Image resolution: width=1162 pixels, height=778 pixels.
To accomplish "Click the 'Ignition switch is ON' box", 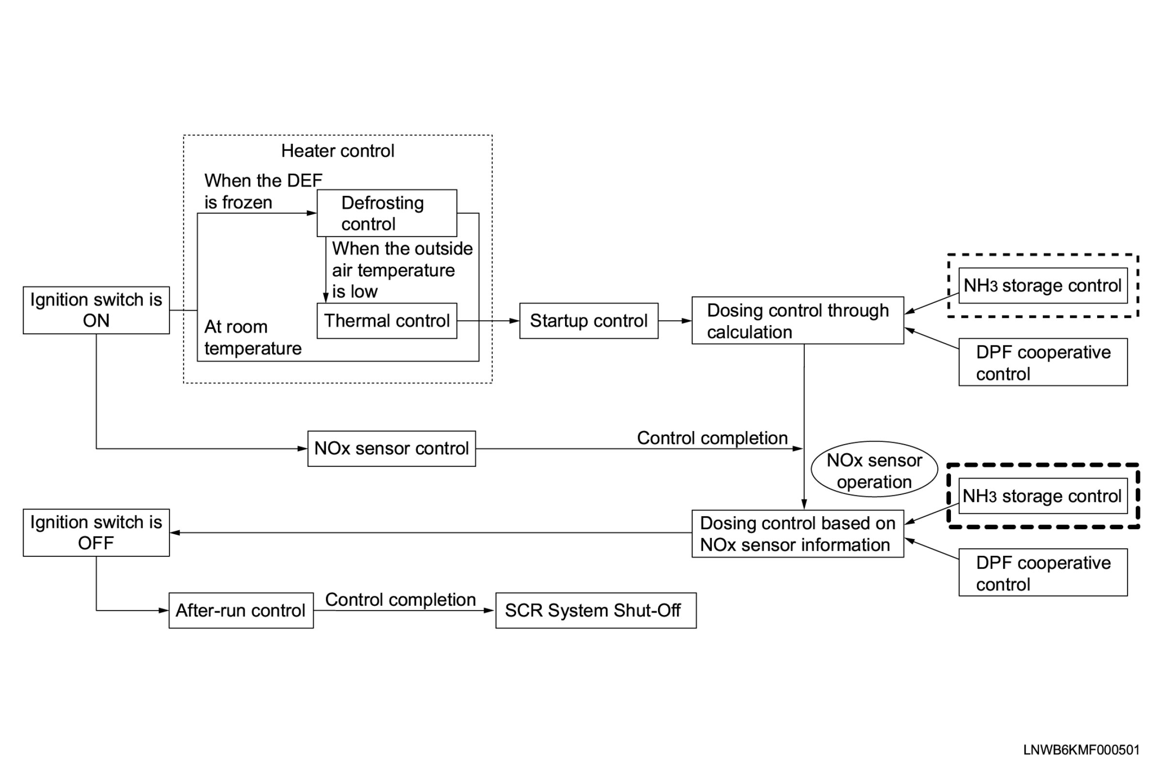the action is [x=96, y=310].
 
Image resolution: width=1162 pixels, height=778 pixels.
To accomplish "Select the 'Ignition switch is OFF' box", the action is [x=96, y=532].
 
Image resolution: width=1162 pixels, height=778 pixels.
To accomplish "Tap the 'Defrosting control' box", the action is [x=387, y=213].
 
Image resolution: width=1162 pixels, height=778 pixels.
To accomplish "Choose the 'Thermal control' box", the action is [x=387, y=320].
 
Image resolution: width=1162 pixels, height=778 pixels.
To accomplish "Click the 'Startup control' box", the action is [x=589, y=320].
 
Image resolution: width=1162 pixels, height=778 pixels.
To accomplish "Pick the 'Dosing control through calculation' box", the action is [x=798, y=320].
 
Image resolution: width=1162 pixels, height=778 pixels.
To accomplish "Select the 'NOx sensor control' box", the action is [x=391, y=449].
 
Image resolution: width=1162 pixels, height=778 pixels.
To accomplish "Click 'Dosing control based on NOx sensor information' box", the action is [x=798, y=533].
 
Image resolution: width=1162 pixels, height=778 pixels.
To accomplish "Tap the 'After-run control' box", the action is [x=241, y=610].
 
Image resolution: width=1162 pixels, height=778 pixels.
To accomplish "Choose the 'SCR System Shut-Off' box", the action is [x=596, y=610].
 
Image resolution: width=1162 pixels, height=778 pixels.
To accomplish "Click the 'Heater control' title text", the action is [x=337, y=151].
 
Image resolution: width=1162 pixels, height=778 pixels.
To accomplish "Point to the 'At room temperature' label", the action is [x=253, y=337].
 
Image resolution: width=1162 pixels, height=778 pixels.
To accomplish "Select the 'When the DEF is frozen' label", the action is [x=263, y=192].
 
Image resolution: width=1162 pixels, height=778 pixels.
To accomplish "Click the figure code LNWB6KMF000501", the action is [x=1081, y=750].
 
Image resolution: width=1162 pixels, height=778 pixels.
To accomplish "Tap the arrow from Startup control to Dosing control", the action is [x=675, y=320].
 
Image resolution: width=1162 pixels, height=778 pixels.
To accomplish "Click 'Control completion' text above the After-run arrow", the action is [x=400, y=599].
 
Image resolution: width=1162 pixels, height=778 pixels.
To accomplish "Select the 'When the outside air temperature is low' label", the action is [x=402, y=270].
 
